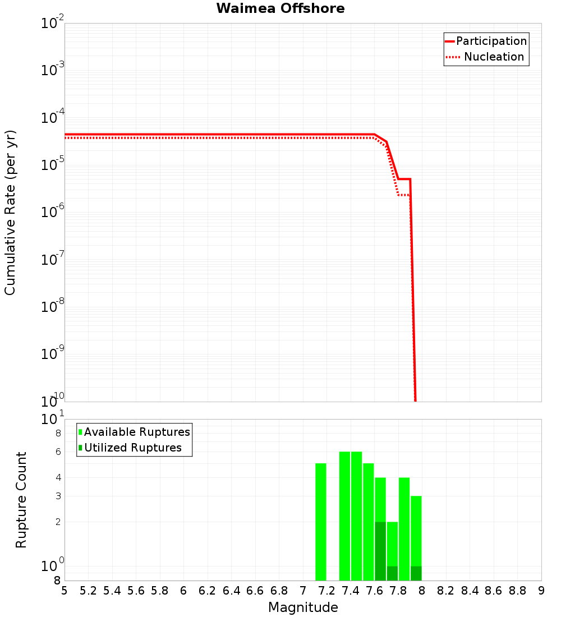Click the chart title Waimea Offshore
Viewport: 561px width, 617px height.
pyautogui.click(x=280, y=8)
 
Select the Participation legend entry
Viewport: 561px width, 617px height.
pyautogui.click(x=491, y=41)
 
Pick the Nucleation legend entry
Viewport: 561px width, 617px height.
pyautogui.click(x=493, y=57)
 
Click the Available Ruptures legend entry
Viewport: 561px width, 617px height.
pyautogui.click(x=136, y=432)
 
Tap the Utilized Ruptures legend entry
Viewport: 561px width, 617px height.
pyautogui.click(x=132, y=448)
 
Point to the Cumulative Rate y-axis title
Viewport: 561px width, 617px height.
pyautogui.click(x=10, y=212)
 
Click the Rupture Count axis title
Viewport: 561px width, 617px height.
pyautogui.click(x=21, y=499)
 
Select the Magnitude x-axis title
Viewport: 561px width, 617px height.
pyautogui.click(x=303, y=607)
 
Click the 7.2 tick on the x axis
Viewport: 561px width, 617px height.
pyautogui.click(x=327, y=590)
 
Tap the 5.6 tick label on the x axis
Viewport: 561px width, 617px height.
pyautogui.click(x=136, y=590)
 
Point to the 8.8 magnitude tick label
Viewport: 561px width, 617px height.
pyautogui.click(x=517, y=590)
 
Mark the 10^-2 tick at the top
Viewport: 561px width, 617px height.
pyautogui.click(x=52, y=23)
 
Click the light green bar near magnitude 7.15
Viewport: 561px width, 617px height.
pyautogui.click(x=320, y=522)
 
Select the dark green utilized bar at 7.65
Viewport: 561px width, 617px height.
pyautogui.click(x=380, y=551)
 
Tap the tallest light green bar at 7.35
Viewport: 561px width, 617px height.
pyautogui.click(x=344, y=516)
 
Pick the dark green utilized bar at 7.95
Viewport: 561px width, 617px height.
pyautogui.click(x=416, y=573)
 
